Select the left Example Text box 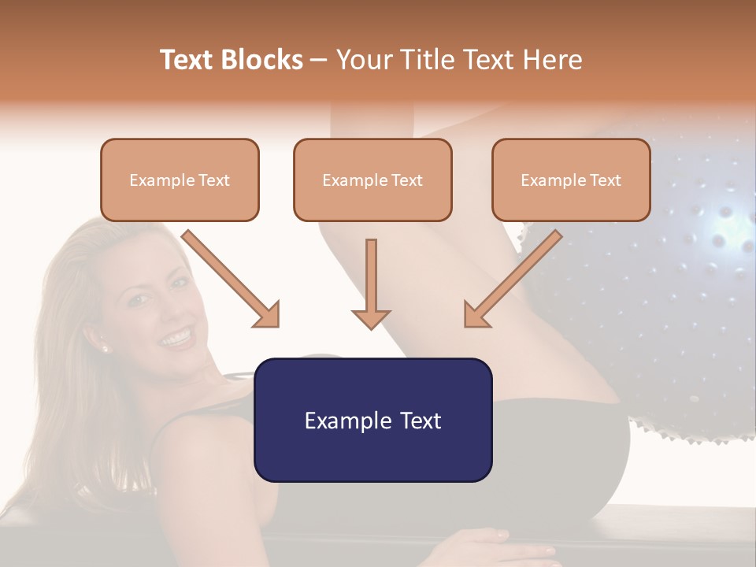180,180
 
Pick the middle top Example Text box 372,180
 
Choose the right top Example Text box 571,180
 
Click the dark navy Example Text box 372,420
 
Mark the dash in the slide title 319,60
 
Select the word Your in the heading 364,60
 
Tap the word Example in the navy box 340,420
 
